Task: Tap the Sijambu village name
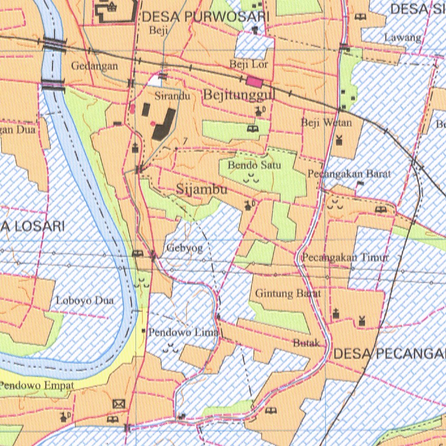click(202, 189)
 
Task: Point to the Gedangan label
click(95, 66)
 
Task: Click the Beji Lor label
click(249, 64)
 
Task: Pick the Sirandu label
click(172, 96)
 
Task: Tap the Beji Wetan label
click(326, 123)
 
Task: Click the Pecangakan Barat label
click(349, 174)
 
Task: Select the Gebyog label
click(184, 249)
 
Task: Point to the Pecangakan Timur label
click(345, 257)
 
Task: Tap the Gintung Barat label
click(288, 294)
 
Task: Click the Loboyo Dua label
click(85, 301)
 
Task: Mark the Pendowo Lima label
click(183, 333)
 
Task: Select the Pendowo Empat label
click(37, 385)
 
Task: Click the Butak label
click(307, 343)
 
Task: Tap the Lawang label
click(403, 38)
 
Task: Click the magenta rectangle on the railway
click(255, 81)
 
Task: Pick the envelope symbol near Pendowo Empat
click(118, 404)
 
